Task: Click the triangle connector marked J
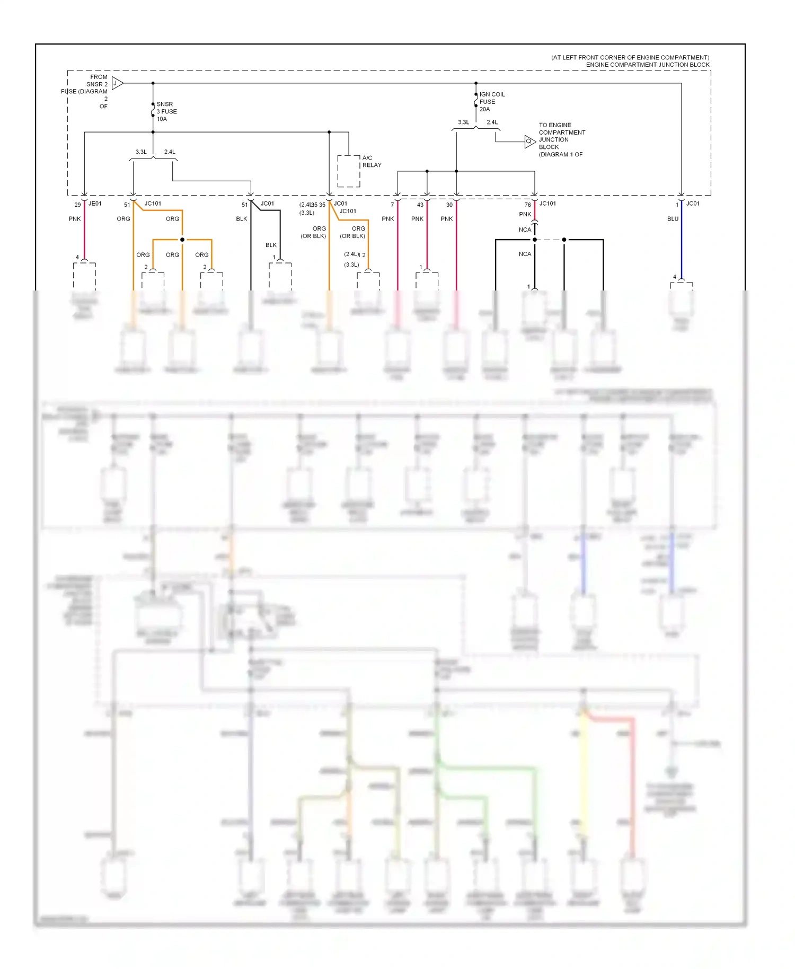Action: pos(118,83)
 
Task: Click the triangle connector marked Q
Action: pos(530,142)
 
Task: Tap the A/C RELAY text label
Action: pos(372,162)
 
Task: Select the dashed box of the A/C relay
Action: pos(349,171)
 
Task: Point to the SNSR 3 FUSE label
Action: pos(166,108)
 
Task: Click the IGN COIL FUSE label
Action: pos(492,98)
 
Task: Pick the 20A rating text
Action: pos(485,109)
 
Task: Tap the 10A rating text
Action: pos(162,119)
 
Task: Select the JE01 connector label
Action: pos(95,204)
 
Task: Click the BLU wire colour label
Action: pos(673,219)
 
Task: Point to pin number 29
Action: pos(77,205)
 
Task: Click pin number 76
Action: pos(527,205)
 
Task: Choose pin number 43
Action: pos(420,205)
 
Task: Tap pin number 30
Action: pos(449,205)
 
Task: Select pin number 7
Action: pos(392,205)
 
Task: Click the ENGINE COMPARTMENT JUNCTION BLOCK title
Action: pos(647,65)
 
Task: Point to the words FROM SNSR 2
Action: pos(98,81)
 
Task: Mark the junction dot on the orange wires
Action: pos(182,240)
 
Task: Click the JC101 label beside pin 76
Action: pos(547,204)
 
